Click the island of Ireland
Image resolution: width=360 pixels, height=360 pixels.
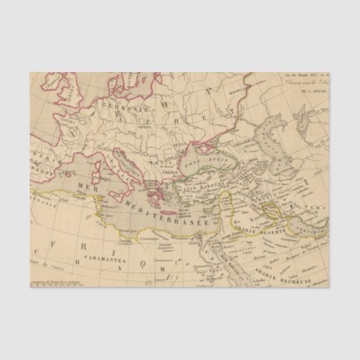[x=52, y=84]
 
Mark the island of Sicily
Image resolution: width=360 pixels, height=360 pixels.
[x=132, y=198]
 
